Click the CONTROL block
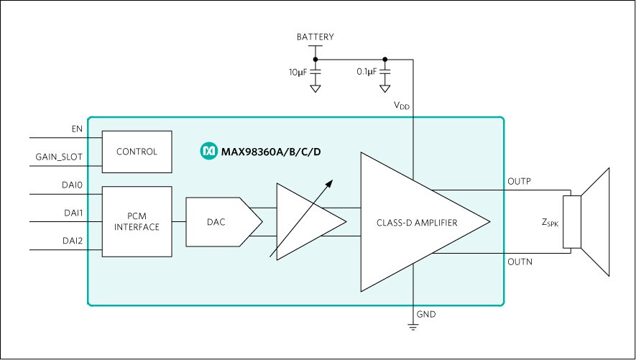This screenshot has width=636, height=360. click(137, 152)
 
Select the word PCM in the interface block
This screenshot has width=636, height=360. click(137, 216)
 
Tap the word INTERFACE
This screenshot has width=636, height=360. click(137, 227)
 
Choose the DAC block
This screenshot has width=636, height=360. click(216, 222)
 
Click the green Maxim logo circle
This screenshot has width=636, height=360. click(208, 151)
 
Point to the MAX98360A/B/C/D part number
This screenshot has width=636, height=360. click(271, 152)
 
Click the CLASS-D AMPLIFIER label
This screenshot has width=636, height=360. click(417, 223)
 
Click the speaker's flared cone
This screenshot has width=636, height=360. click(596, 221)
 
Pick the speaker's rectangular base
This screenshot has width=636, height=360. click(572, 221)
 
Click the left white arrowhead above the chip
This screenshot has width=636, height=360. click(315, 88)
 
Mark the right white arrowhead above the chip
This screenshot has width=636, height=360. click(385, 88)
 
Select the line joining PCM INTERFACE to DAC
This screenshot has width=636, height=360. click(179, 221)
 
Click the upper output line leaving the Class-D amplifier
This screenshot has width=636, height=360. click(467, 190)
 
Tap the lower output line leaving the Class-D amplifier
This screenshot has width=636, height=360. click(467, 253)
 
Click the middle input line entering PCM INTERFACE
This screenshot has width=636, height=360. click(94, 221)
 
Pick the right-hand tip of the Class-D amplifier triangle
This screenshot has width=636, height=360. click(489, 221)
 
